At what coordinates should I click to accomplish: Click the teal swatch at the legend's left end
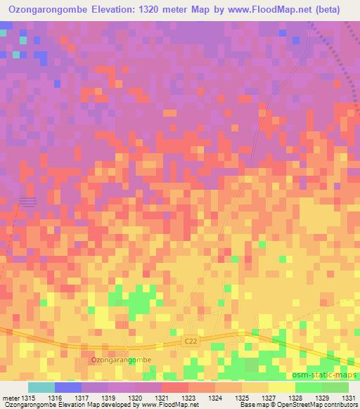point(41,387)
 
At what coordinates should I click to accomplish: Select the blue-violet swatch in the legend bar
point(68,387)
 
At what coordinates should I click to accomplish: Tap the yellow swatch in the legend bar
point(281,387)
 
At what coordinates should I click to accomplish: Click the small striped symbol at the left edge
point(27,202)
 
